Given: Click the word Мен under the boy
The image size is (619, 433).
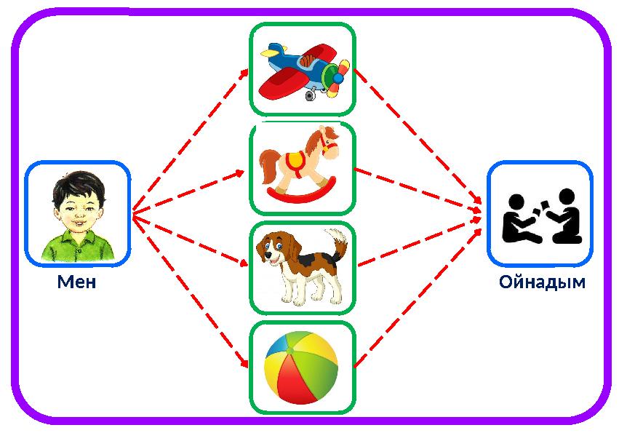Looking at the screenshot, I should click(77, 282).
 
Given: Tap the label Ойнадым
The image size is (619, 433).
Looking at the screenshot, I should click(542, 282).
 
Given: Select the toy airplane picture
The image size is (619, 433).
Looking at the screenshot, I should click(303, 70).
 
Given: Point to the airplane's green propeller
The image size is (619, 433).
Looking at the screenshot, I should click(337, 76).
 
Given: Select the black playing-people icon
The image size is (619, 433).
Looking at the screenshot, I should click(542, 216).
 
